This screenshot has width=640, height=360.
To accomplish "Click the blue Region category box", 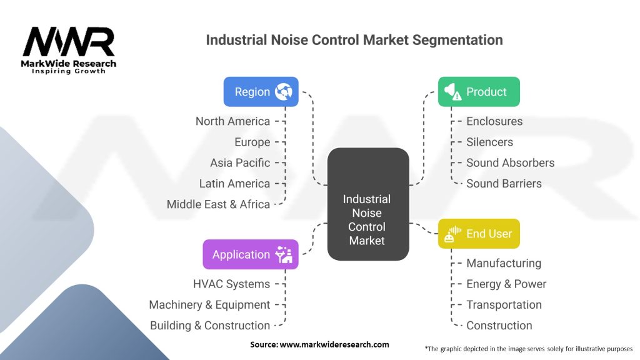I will coord(261,92).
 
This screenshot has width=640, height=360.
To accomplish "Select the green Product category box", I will coord(479,92).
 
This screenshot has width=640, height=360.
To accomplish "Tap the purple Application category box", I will coord(250,254).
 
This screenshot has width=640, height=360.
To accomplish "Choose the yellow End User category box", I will coord(479,234).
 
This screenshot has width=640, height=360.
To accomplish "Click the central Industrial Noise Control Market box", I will coord(367,213).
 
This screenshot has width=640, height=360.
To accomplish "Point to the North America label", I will coord(232,121).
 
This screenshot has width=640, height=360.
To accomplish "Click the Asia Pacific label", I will coord(240,162).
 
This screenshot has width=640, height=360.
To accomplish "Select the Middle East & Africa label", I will coord(218,204).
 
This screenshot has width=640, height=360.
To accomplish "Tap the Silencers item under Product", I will coord(489,142).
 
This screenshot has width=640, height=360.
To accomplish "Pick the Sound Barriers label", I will coord(504,184).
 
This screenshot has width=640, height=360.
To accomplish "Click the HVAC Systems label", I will coord(231,284).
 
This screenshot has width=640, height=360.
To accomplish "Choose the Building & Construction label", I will coord(210,326).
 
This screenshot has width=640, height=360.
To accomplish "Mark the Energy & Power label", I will coord(506,284).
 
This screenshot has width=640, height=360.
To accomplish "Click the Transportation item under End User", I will coord(504,305).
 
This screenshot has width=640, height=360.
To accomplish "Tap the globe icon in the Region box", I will coord(283,92).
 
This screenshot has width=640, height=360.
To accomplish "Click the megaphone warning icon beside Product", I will coord(452,92).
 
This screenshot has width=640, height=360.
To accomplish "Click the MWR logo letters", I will coord(69,42).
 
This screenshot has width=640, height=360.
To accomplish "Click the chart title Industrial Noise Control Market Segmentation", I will coord(354,40).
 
